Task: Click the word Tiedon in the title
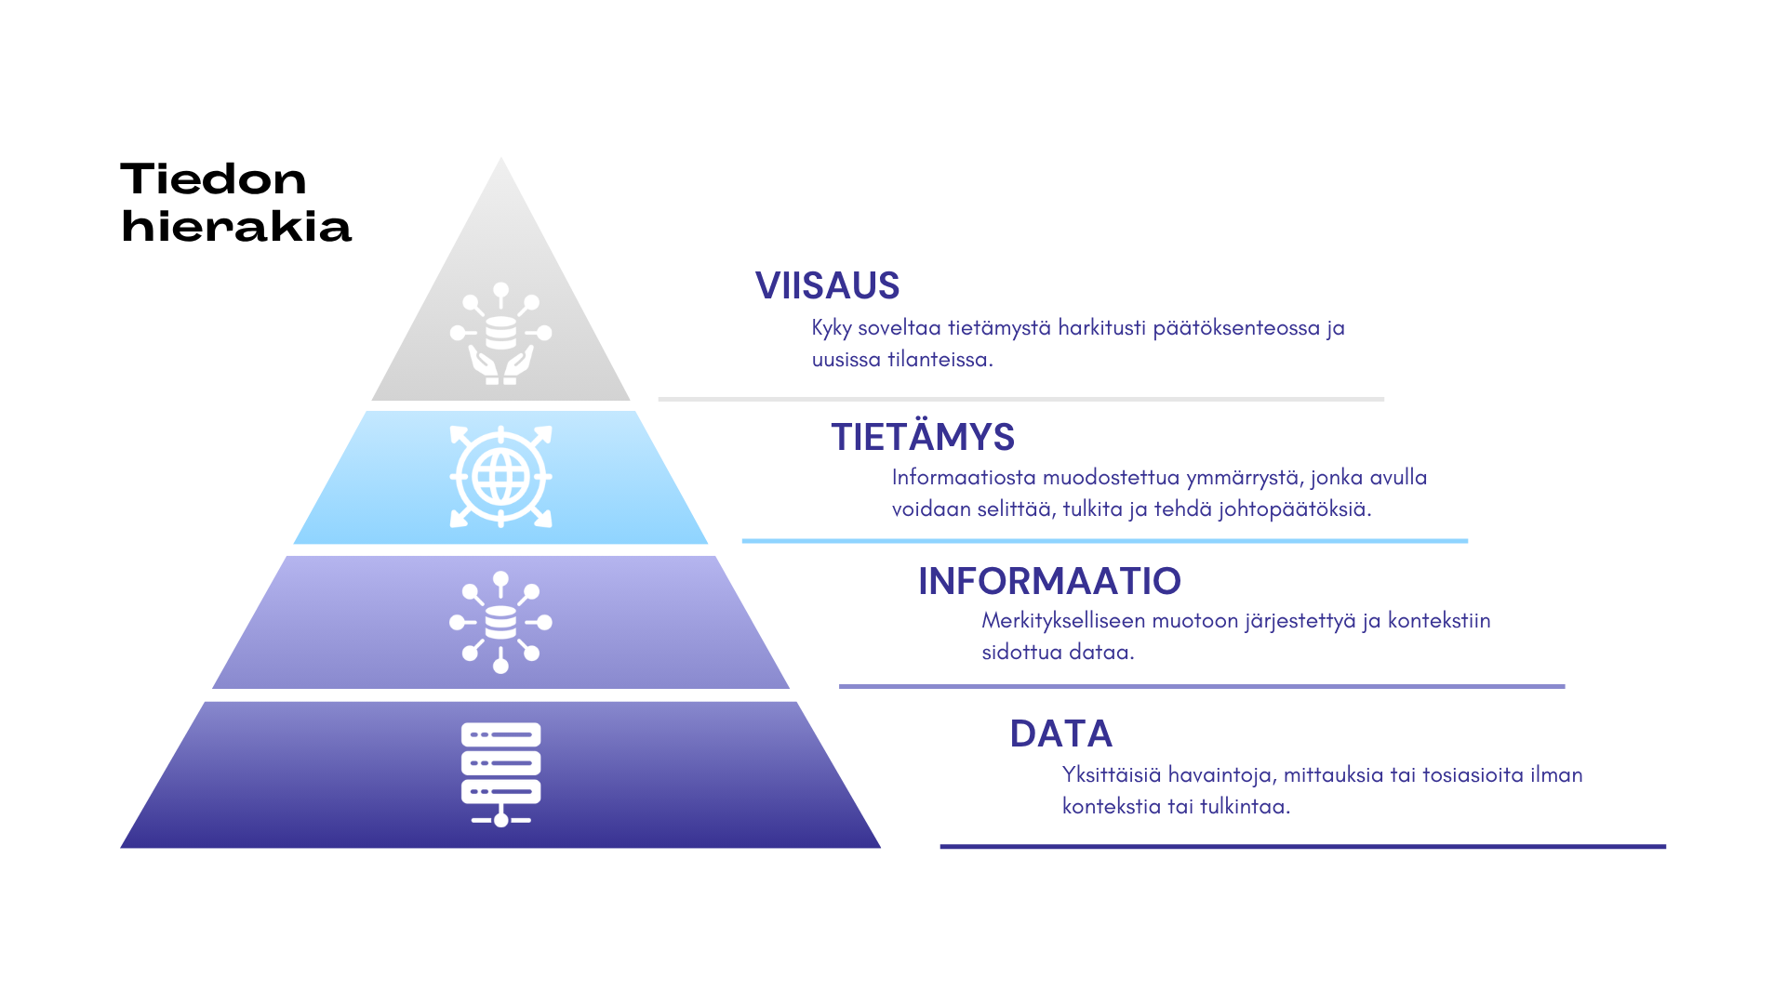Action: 213,178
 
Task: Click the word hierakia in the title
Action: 236,226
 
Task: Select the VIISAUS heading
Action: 827,285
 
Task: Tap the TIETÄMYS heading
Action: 922,437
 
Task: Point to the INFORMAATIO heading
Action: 1049,581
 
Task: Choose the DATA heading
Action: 1061,733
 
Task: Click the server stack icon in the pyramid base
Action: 500,774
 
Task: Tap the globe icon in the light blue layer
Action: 500,477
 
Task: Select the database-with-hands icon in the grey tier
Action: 500,333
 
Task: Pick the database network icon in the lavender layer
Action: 500,622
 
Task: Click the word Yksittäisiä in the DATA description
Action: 1112,774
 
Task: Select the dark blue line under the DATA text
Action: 1302,847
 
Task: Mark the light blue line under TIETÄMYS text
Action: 1105,541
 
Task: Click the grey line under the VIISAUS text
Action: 1021,399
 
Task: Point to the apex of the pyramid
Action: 500,158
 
